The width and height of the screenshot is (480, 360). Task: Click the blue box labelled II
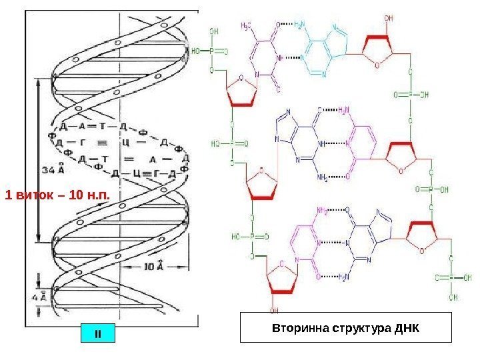[x=98, y=331]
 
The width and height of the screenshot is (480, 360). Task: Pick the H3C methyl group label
[x=246, y=27]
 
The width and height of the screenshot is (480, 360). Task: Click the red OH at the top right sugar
[x=389, y=19]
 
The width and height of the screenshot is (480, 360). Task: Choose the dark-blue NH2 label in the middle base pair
[x=321, y=177]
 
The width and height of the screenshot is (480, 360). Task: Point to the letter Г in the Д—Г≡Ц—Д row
[x=81, y=142]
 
